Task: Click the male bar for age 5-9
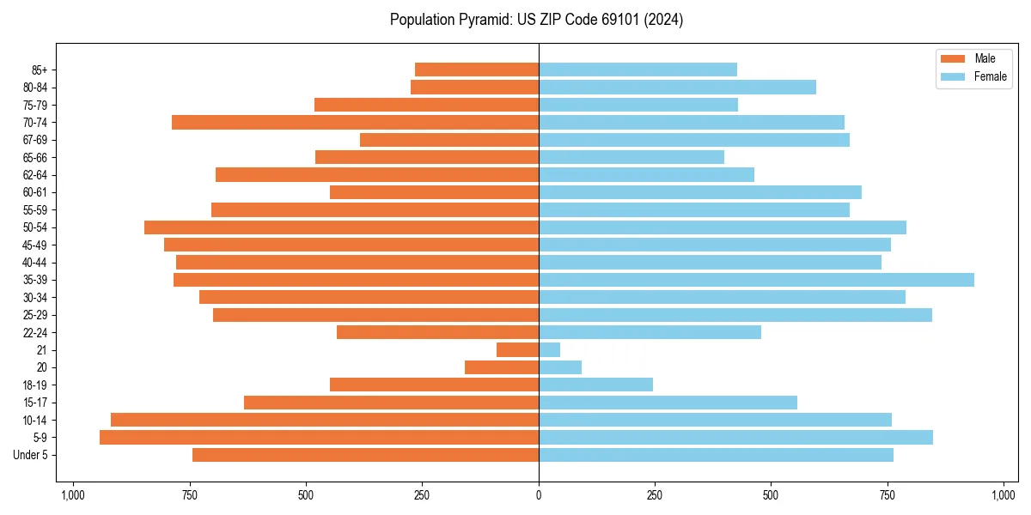(319, 438)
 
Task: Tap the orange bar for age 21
(518, 350)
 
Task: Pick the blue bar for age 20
(560, 367)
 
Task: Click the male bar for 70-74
(355, 123)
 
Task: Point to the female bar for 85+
(638, 70)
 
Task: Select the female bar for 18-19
(595, 385)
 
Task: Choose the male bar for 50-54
(341, 227)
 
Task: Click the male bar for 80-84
(474, 88)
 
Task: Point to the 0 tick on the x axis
(539, 495)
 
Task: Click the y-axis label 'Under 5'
(31, 455)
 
